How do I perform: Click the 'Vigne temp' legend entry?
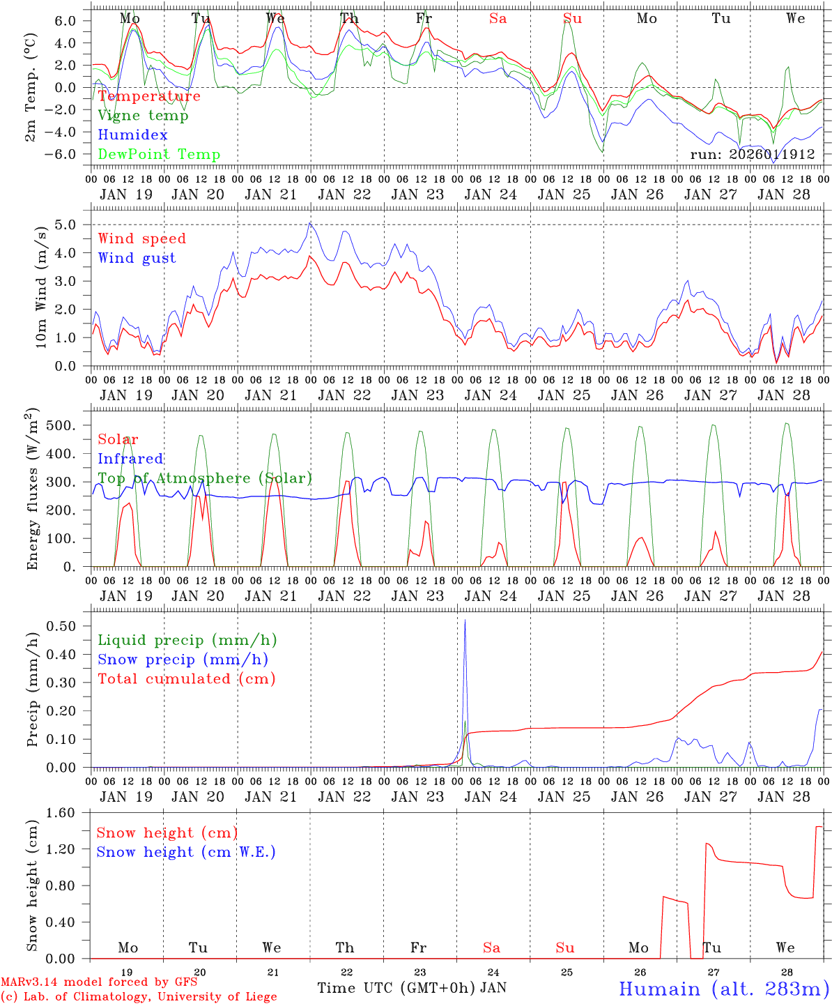pyautogui.click(x=143, y=116)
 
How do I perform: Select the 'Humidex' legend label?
pyautogui.click(x=132, y=135)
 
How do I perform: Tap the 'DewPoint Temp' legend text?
pyautogui.click(x=159, y=155)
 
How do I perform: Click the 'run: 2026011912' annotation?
pyautogui.click(x=752, y=155)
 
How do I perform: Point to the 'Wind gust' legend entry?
pyautogui.click(x=137, y=258)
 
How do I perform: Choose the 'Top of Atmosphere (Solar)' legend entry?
pyautogui.click(x=204, y=478)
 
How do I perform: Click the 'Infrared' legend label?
pyautogui.click(x=130, y=459)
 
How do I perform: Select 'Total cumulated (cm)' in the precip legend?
pyautogui.click(x=186, y=679)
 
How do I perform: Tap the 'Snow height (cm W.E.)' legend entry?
pyautogui.click(x=185, y=852)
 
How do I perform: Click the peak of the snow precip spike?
pyautogui.click(x=465, y=620)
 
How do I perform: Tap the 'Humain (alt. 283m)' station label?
pyautogui.click(x=724, y=989)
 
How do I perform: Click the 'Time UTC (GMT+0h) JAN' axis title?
pyautogui.click(x=412, y=988)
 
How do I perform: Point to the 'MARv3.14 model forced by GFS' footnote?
pyautogui.click(x=99, y=982)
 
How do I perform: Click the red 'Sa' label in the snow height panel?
pyautogui.click(x=491, y=948)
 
